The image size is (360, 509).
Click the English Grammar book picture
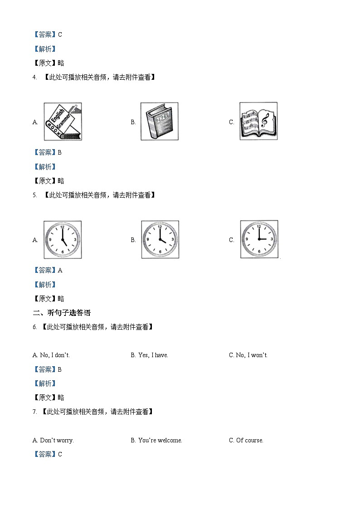[63, 121]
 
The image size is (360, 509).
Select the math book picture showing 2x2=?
[159, 121]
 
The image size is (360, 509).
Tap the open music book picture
[258, 121]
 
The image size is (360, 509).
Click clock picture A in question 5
[63, 240]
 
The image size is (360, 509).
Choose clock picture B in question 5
[160, 240]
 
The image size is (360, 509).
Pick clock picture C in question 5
[259, 239]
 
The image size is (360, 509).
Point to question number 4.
[34, 78]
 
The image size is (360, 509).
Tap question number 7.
[34, 412]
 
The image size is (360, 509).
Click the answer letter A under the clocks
[60, 271]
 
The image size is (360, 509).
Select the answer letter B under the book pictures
[60, 153]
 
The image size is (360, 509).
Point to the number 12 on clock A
[62, 226]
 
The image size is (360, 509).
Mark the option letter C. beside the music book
[232, 122]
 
